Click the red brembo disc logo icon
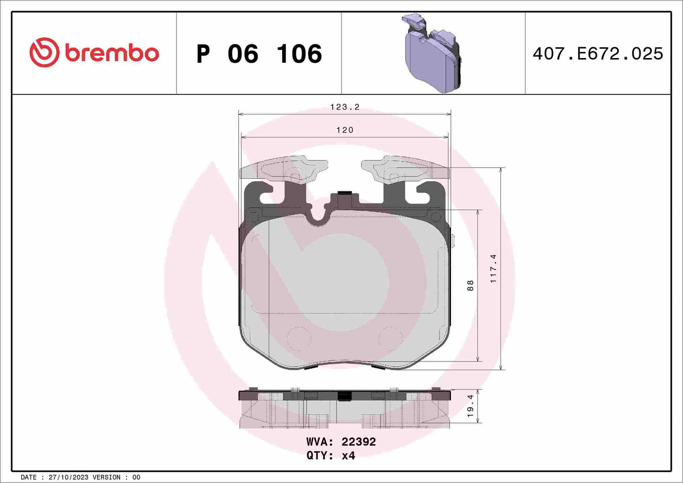[44, 52]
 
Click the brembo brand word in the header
[112, 53]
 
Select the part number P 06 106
[259, 54]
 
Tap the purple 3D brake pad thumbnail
[432, 53]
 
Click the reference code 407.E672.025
[597, 54]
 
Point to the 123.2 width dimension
[345, 107]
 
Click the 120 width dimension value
[345, 130]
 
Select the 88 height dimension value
[470, 285]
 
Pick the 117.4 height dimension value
[493, 268]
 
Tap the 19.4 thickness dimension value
[470, 406]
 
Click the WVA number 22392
[358, 442]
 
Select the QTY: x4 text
[330, 456]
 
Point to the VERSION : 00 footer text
[116, 477]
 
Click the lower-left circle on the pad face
[299, 338]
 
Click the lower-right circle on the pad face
[390, 338]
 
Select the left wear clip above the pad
[284, 168]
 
